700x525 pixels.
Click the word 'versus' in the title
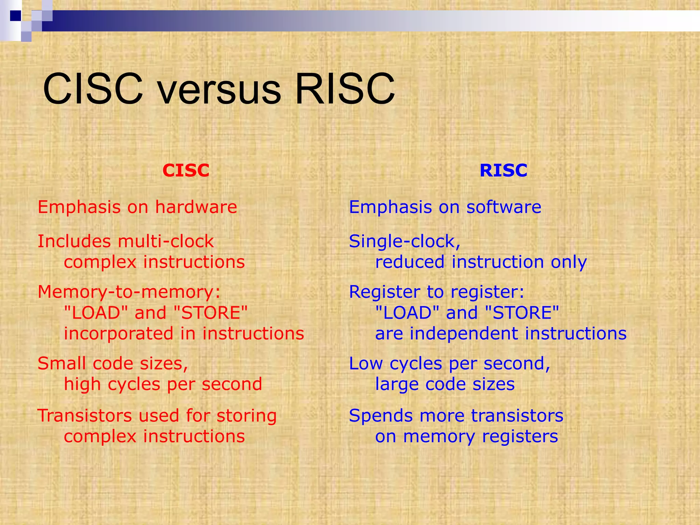(219, 90)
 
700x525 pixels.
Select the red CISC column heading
(186, 170)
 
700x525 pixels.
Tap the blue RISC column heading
(503, 170)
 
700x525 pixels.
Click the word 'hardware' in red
(196, 207)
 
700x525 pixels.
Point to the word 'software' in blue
(504, 207)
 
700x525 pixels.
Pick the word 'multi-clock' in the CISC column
(166, 241)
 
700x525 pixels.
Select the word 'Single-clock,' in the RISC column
(405, 241)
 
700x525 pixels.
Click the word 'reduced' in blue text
(409, 262)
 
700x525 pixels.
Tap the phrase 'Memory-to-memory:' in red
(129, 292)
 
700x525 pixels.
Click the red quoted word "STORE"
(211, 313)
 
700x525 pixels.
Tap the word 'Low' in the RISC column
(365, 363)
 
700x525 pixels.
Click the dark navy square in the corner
(15, 15)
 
